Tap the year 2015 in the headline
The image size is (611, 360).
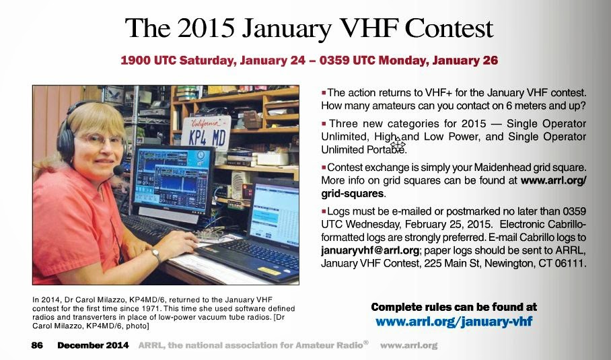click(206, 28)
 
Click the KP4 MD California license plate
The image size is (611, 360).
click(206, 134)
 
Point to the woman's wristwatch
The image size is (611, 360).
click(156, 255)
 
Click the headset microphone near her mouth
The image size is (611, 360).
click(118, 170)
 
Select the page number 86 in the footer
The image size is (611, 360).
click(37, 345)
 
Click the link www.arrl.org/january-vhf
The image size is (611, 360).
click(454, 322)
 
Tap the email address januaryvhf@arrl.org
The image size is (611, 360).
click(370, 250)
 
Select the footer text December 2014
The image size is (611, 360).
click(93, 345)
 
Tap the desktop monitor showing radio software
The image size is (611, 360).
click(173, 180)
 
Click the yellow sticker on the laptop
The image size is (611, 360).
click(269, 271)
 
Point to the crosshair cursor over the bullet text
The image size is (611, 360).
click(398, 143)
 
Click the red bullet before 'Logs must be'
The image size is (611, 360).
click(324, 211)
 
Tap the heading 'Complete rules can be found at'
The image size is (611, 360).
click(454, 307)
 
